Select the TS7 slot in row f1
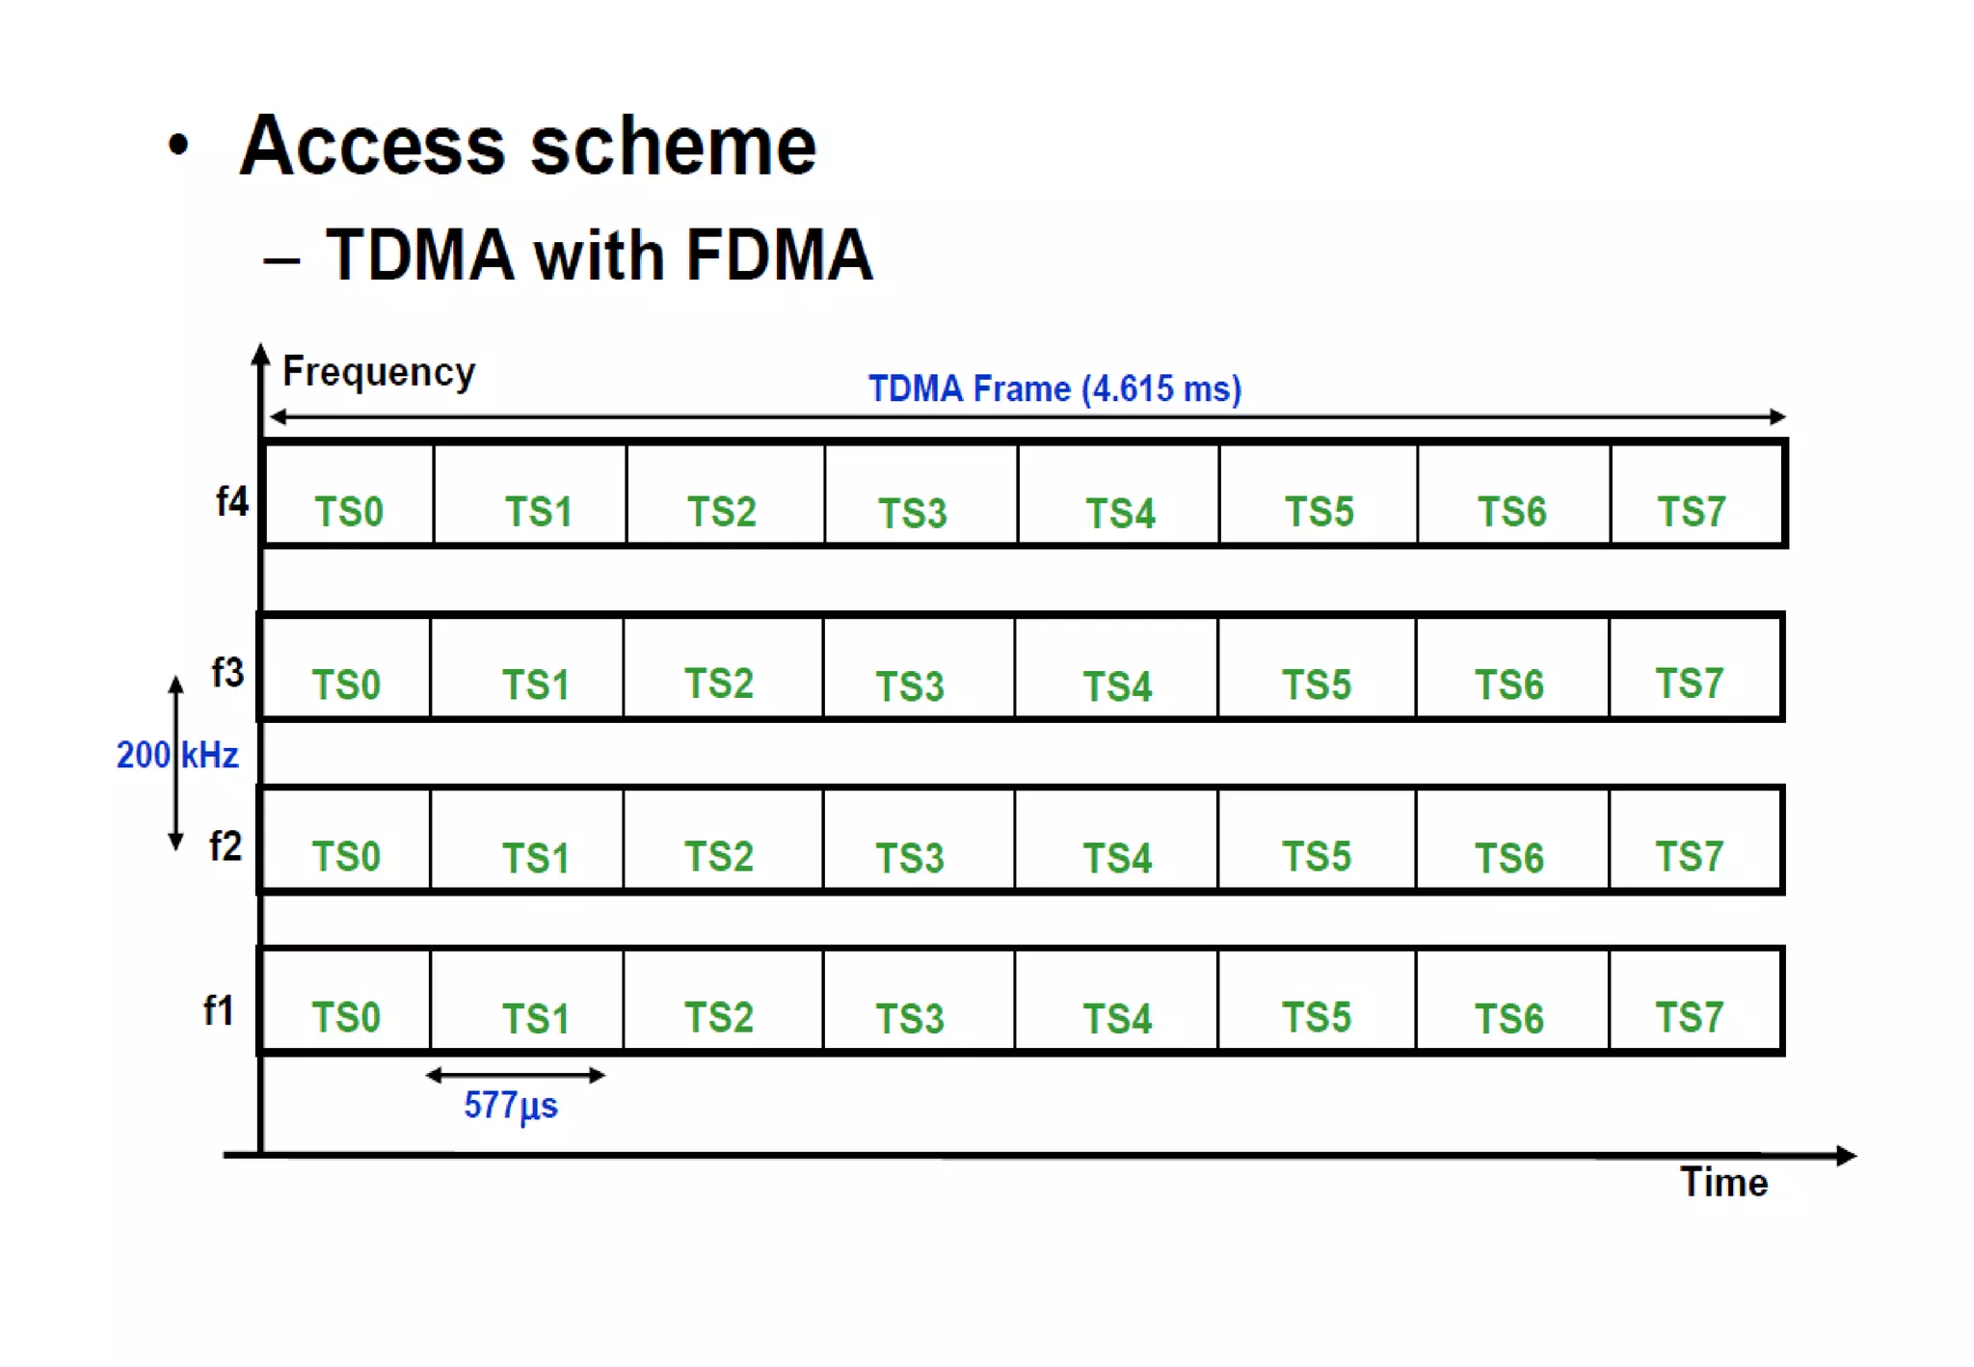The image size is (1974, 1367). [x=1694, y=1002]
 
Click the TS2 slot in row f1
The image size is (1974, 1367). [x=722, y=1002]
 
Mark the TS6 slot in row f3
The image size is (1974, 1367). [x=1510, y=668]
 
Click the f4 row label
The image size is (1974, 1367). [x=232, y=501]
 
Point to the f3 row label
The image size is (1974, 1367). [x=227, y=672]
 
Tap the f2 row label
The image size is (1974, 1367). [x=226, y=845]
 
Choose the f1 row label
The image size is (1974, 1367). [x=219, y=1010]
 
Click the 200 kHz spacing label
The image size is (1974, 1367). [x=177, y=755]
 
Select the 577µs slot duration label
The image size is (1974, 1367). [x=510, y=1105]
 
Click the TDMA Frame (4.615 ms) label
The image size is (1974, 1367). [x=1054, y=389]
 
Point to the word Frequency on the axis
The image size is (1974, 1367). [x=379, y=372]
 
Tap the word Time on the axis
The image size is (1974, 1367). [x=1723, y=1182]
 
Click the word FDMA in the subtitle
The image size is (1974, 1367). [x=779, y=255]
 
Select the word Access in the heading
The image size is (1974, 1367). [x=372, y=146]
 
